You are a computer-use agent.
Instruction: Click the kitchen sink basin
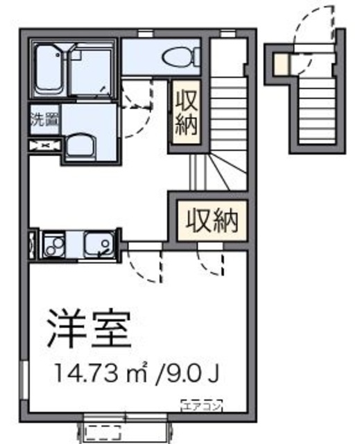pyautogui.click(x=95, y=244)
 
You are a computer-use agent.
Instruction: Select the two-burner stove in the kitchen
pyautogui.click(x=53, y=244)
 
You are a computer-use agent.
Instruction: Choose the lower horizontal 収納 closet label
pyautogui.click(x=211, y=220)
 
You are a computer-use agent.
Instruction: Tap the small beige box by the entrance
pyautogui.click(x=279, y=64)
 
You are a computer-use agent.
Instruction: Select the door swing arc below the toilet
pyautogui.click(x=139, y=97)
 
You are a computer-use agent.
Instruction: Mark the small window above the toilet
pyautogui.click(x=146, y=33)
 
